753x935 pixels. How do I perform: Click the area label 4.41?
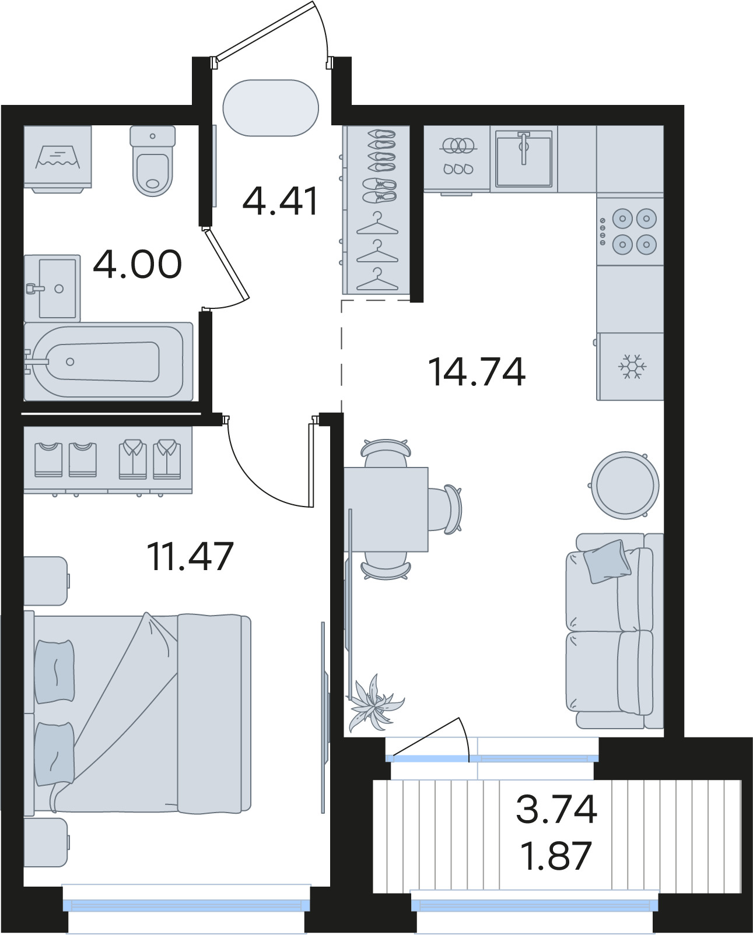point(281,201)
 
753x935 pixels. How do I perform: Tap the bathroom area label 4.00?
point(138,264)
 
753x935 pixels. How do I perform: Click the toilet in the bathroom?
point(153,161)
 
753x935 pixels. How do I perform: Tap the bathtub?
point(108,361)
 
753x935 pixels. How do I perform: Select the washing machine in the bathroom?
point(58,159)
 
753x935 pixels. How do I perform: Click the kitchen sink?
point(524,159)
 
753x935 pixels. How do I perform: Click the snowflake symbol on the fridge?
point(632,367)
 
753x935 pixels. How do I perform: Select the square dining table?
point(386,509)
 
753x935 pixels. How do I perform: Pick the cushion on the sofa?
point(607,561)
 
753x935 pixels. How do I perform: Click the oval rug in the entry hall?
point(271,107)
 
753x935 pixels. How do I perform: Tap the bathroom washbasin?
point(52,288)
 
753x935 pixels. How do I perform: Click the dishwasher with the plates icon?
point(457,159)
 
